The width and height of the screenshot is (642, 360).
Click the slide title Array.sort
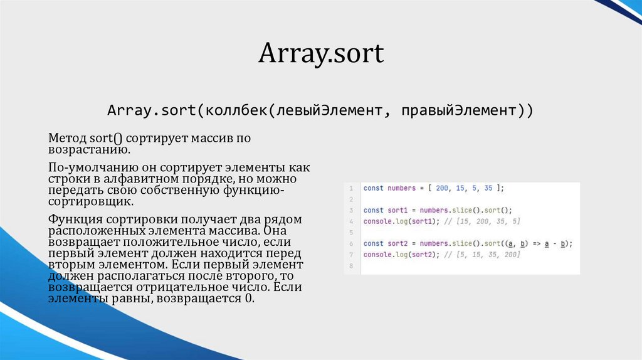(x=320, y=54)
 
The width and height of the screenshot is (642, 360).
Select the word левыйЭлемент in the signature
(x=325, y=111)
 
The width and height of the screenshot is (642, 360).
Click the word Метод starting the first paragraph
(x=66, y=137)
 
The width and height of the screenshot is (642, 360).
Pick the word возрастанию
(x=89, y=150)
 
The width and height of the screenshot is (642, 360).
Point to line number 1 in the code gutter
(x=352, y=188)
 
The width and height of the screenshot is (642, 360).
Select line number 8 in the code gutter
(x=352, y=266)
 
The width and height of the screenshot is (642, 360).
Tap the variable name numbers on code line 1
(x=401, y=188)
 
